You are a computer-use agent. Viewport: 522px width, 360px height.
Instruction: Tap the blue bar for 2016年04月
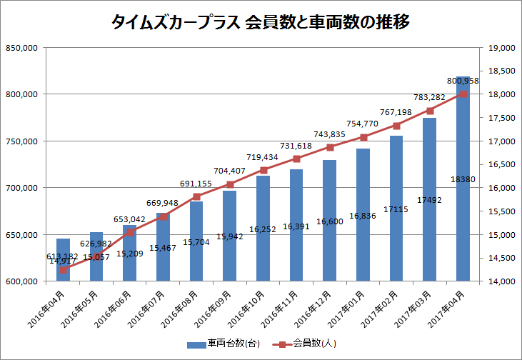coord(63,259)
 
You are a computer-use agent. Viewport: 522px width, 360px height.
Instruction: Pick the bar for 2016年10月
coord(263,228)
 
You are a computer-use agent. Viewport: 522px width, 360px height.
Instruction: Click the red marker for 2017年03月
coord(430,111)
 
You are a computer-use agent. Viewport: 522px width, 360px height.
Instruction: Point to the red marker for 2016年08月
coord(196,196)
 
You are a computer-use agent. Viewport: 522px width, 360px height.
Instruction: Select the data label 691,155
coord(196,184)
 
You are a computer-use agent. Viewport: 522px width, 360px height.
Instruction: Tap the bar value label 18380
coord(463,179)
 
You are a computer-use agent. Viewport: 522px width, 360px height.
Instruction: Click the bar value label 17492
coord(429,200)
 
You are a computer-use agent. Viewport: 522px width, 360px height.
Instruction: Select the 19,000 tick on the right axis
coord(501,48)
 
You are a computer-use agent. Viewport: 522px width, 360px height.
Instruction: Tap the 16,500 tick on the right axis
coord(501,165)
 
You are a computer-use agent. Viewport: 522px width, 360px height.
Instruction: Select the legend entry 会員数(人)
coord(314,344)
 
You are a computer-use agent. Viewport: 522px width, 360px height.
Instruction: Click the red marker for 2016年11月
coord(296,159)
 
